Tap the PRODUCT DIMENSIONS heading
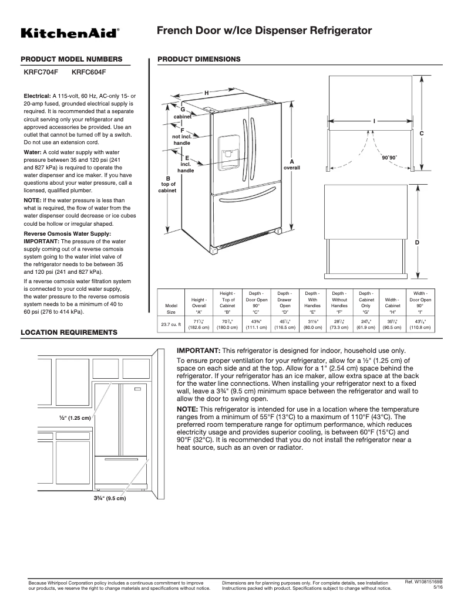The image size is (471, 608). (x=199, y=59)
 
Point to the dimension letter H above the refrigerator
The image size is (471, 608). (x=206, y=93)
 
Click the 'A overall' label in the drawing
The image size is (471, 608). (x=292, y=164)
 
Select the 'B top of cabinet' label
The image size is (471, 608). (x=168, y=184)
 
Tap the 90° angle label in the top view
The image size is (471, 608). (x=389, y=158)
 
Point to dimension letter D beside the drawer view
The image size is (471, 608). (x=417, y=242)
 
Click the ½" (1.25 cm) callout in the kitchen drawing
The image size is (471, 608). (x=75, y=418)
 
